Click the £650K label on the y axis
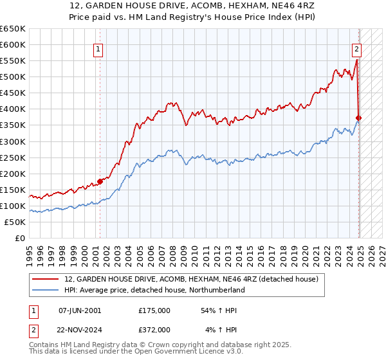tap(13, 29)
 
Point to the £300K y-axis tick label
tap(13, 141)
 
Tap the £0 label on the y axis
tap(20, 238)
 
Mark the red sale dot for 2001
tap(100, 182)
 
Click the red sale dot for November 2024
tap(359, 118)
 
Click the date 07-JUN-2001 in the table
tap(80, 310)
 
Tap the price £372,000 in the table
tap(154, 329)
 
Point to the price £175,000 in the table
tap(154, 310)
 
